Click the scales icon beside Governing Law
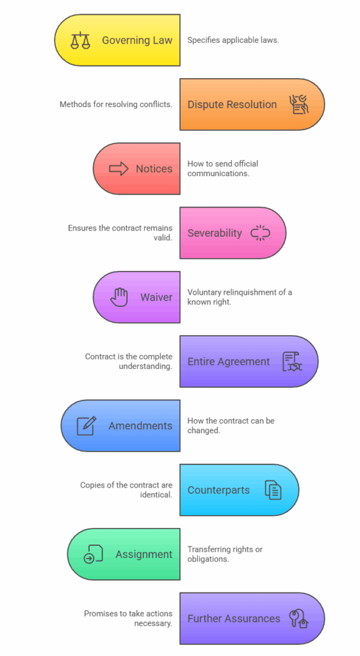80,40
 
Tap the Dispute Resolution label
232,104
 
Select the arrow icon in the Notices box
119,168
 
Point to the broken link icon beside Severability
261,233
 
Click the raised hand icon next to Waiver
119,297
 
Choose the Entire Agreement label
229,361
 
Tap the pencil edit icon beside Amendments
86,425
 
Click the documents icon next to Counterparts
274,490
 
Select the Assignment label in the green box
144,554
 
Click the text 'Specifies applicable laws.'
233,40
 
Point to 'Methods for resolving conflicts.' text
116,104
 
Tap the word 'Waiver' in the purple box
156,297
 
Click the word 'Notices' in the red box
154,168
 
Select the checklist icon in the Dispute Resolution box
299,104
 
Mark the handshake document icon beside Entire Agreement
292,361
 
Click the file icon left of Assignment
94,554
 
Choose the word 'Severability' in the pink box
215,233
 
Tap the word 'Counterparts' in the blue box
218,490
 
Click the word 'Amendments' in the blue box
140,425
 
